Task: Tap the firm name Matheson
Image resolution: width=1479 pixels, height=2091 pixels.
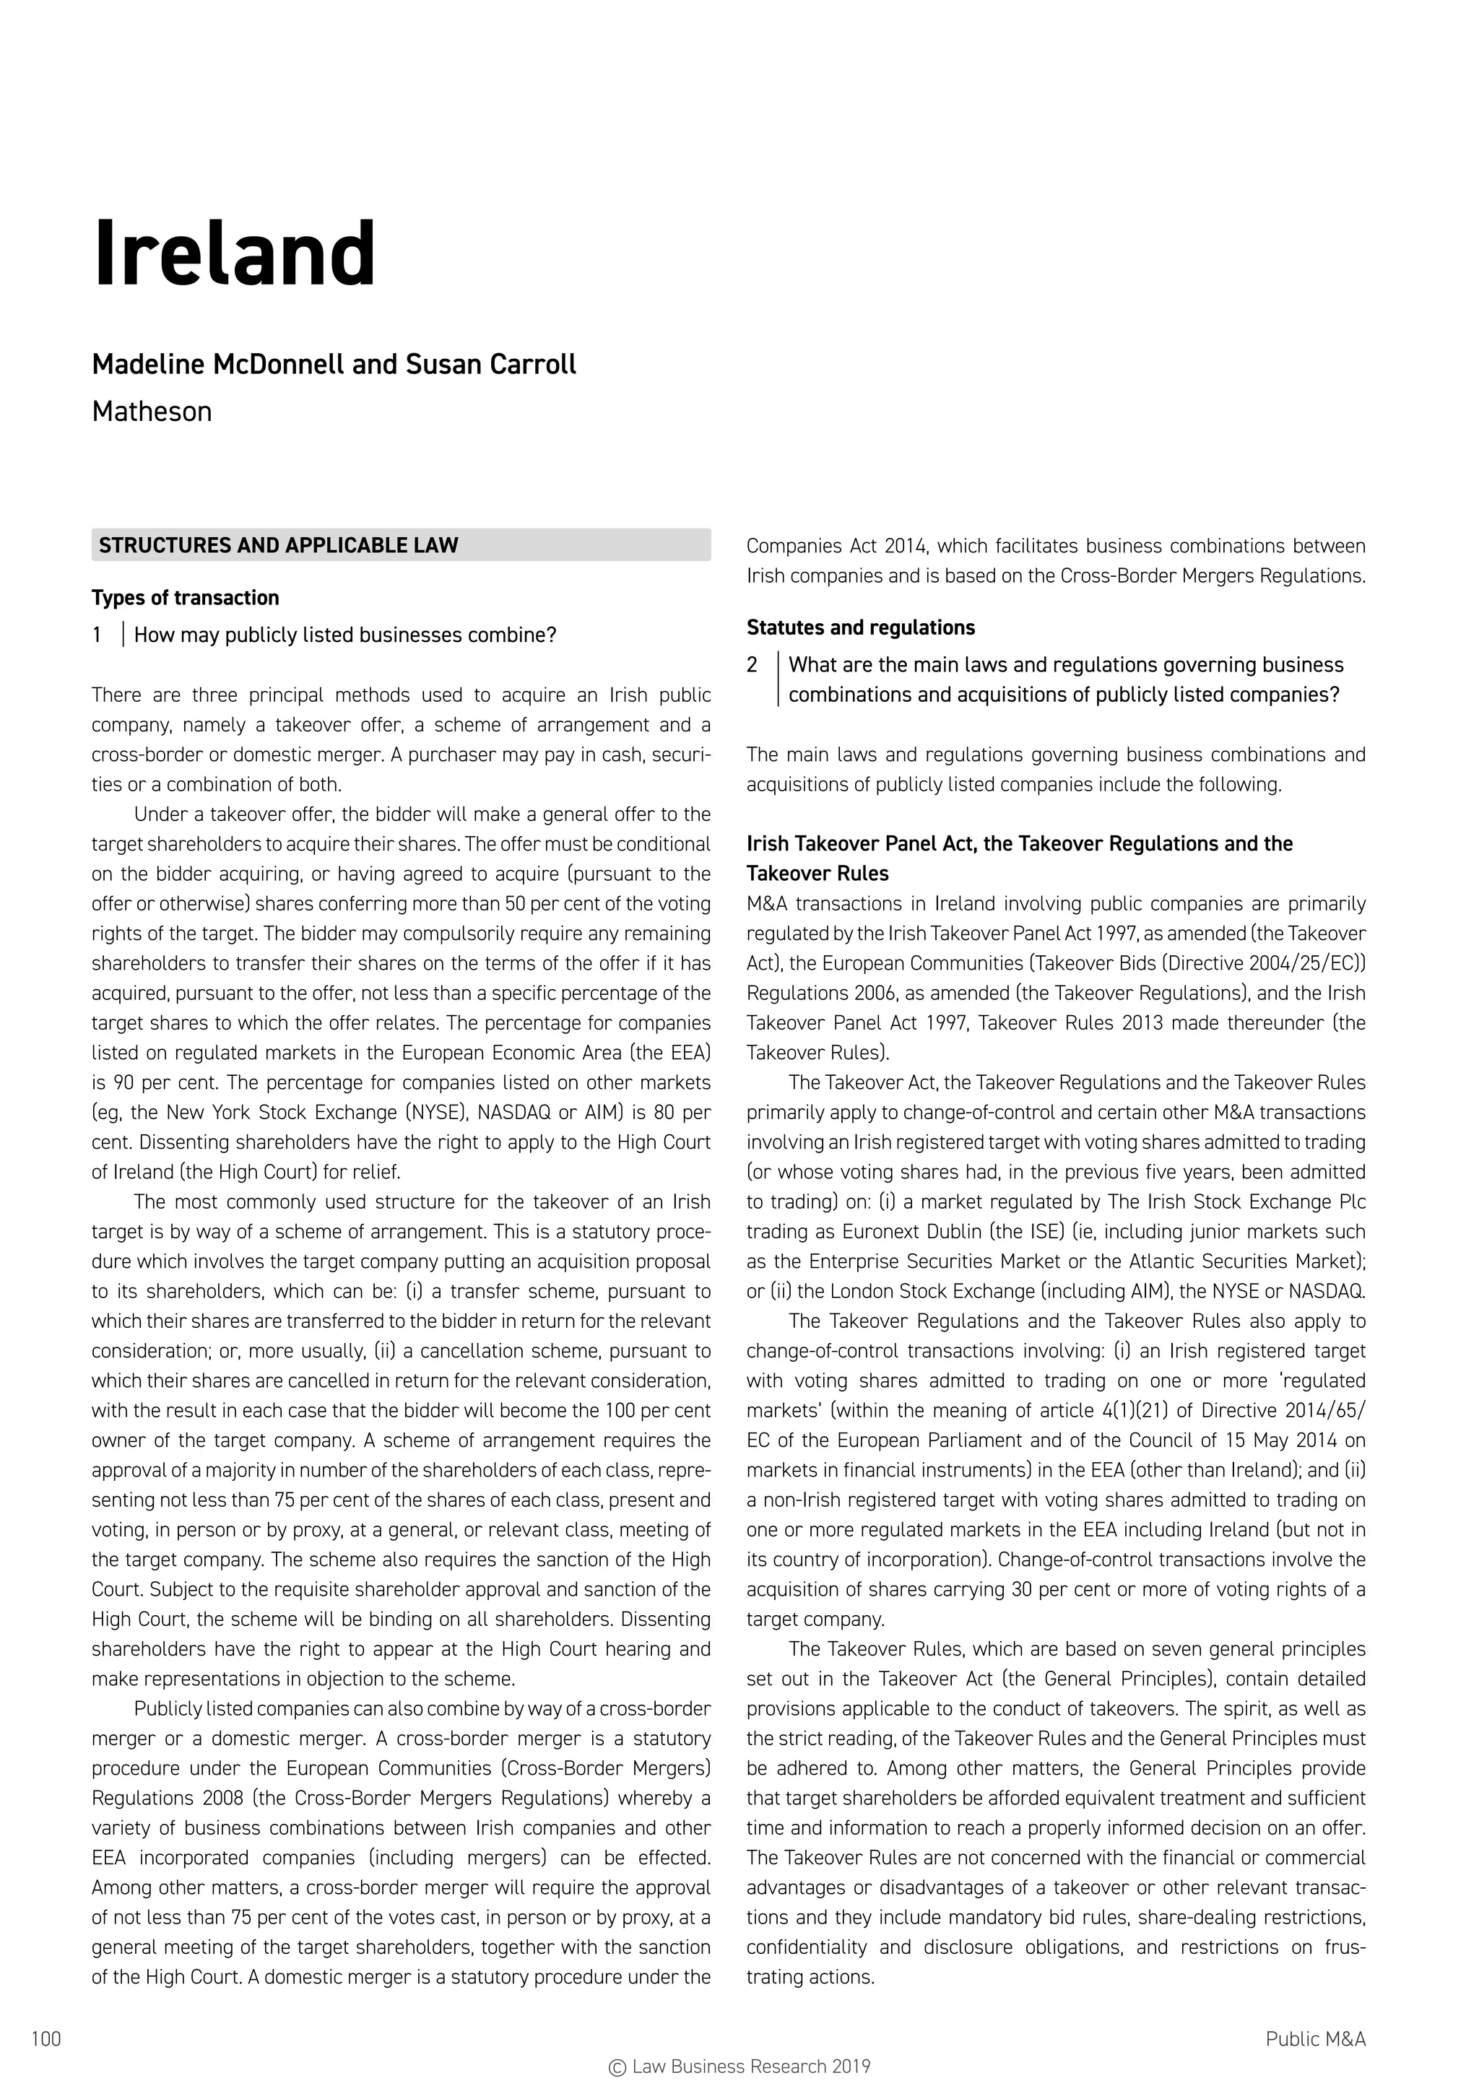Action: pyautogui.click(x=152, y=412)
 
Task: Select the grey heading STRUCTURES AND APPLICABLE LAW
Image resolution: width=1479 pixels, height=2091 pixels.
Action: pyautogui.click(x=279, y=546)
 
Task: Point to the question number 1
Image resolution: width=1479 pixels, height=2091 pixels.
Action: pyautogui.click(x=97, y=635)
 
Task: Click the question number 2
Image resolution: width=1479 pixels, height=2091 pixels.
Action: pyautogui.click(x=752, y=665)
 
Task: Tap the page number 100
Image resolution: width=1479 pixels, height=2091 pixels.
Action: pyautogui.click(x=46, y=2038)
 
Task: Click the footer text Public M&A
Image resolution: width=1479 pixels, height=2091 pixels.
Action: pyautogui.click(x=1315, y=2038)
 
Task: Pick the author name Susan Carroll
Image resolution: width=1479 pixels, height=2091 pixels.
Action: pyautogui.click(x=491, y=365)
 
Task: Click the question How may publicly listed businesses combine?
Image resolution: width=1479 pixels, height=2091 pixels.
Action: pyautogui.click(x=345, y=635)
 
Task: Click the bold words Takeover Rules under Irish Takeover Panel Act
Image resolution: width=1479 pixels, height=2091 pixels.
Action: pyautogui.click(x=817, y=874)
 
